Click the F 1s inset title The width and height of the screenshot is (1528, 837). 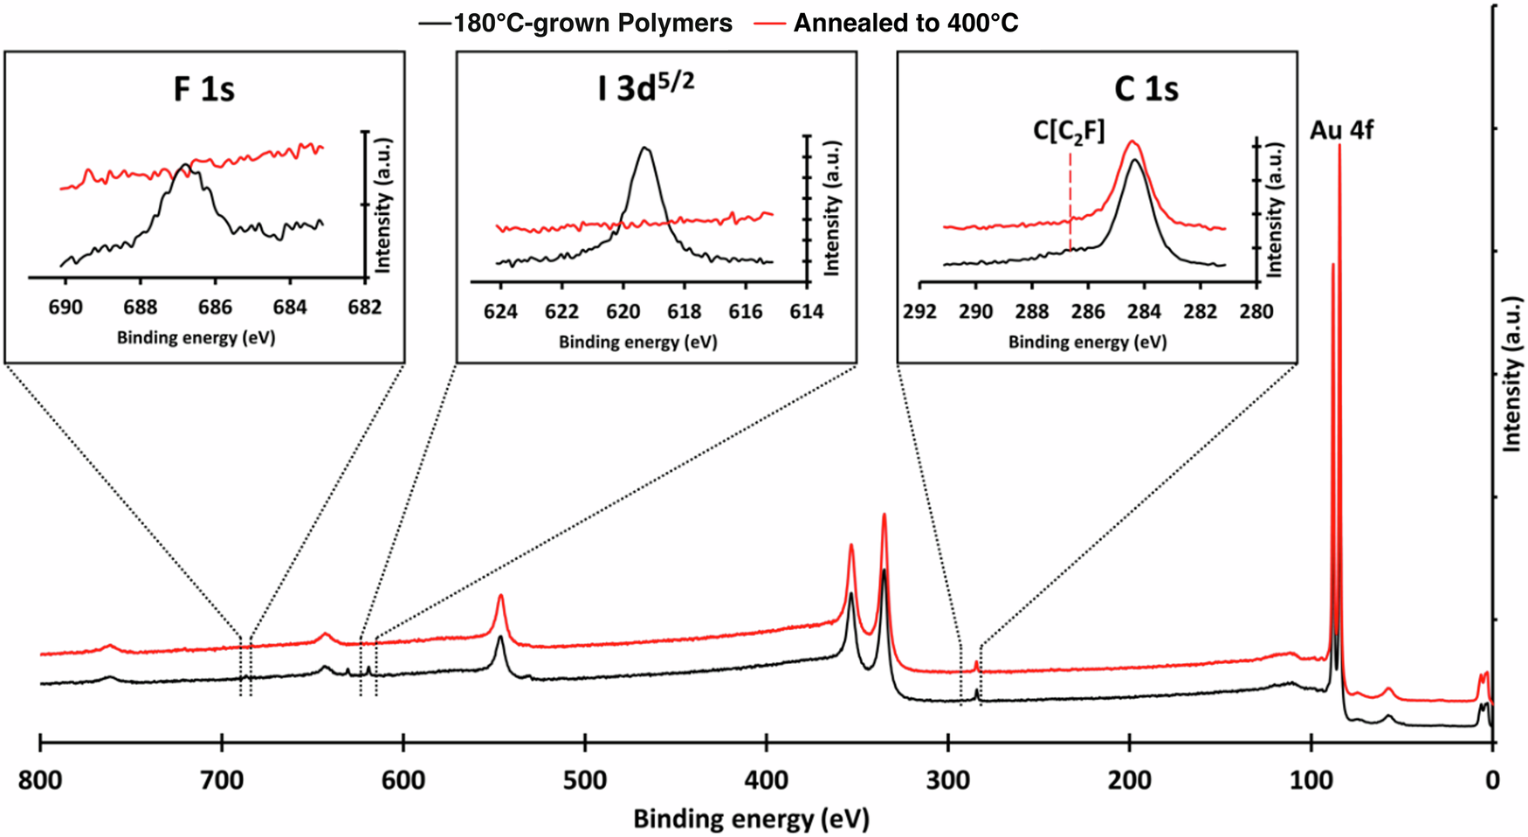point(203,89)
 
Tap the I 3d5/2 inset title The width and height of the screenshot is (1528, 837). point(645,89)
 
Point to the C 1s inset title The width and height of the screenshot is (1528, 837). point(1146,89)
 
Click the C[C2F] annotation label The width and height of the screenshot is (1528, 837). point(1069,131)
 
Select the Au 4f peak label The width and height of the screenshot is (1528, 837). point(1341,131)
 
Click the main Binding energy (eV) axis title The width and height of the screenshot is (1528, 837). point(751,819)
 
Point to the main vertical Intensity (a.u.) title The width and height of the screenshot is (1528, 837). point(1511,376)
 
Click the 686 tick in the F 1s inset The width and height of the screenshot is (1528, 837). point(215,308)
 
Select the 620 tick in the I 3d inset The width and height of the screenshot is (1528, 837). point(623,312)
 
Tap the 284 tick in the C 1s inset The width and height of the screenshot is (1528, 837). point(1145,312)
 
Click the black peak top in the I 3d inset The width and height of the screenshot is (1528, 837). point(644,148)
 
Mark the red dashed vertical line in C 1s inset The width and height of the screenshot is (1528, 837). point(1070,201)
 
